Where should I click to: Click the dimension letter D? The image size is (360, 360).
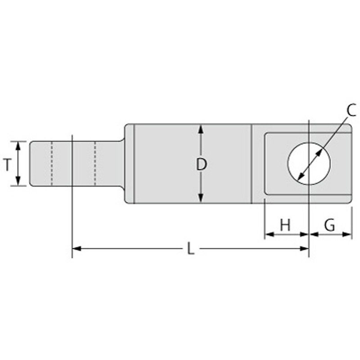point(201,164)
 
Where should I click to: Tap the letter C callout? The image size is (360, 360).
point(351,110)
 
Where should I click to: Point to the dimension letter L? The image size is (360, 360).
point(191,248)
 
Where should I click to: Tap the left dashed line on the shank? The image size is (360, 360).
point(52,163)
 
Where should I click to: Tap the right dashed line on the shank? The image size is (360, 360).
point(95,163)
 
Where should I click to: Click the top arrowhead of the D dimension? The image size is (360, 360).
point(201,129)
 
